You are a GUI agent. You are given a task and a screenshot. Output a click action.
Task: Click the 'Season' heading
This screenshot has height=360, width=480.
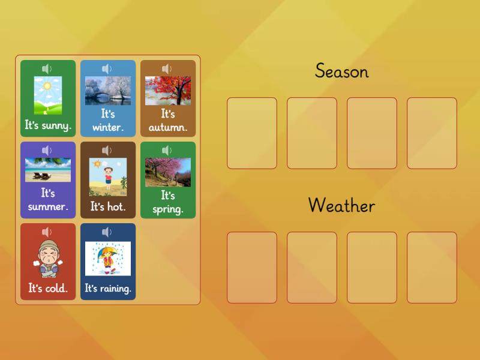pyautogui.click(x=341, y=71)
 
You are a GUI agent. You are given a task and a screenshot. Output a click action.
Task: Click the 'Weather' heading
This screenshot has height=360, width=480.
pyautogui.click(x=341, y=205)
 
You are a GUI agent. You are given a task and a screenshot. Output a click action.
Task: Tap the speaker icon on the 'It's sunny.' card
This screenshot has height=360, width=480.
pyautogui.click(x=47, y=69)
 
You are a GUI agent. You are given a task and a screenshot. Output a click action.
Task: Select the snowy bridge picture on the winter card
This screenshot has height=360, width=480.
pyautogui.click(x=108, y=91)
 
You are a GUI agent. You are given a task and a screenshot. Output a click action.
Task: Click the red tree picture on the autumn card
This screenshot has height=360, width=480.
pyautogui.click(x=168, y=91)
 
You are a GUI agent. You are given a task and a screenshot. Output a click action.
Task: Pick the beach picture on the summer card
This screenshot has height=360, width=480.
pyautogui.click(x=48, y=170)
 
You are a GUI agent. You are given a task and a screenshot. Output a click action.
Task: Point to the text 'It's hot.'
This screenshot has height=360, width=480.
pyautogui.click(x=108, y=206)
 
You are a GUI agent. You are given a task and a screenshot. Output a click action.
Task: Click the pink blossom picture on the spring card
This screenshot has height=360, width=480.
pyautogui.click(x=168, y=172)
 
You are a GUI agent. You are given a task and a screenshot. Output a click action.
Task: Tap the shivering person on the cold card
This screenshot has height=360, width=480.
pyautogui.click(x=48, y=259)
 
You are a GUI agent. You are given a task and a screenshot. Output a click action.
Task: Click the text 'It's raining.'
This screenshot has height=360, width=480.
pyautogui.click(x=108, y=289)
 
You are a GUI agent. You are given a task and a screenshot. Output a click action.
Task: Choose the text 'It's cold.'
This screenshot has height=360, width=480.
pyautogui.click(x=48, y=289)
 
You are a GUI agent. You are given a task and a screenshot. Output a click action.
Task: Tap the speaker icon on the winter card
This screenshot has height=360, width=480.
pyautogui.click(x=107, y=69)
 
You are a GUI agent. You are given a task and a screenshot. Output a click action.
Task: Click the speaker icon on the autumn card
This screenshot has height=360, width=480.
pyautogui.click(x=167, y=69)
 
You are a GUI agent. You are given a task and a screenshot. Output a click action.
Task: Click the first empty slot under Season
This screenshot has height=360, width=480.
pyautogui.click(x=252, y=133)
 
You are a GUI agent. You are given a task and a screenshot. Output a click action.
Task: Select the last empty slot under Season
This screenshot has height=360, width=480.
pyautogui.click(x=432, y=133)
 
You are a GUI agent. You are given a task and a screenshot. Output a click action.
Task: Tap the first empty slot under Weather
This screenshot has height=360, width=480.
pyautogui.click(x=252, y=268)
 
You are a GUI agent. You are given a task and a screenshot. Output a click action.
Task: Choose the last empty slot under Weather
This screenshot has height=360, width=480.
pyautogui.click(x=432, y=268)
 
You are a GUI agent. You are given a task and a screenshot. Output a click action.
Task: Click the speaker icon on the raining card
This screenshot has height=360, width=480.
pyautogui.click(x=107, y=232)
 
